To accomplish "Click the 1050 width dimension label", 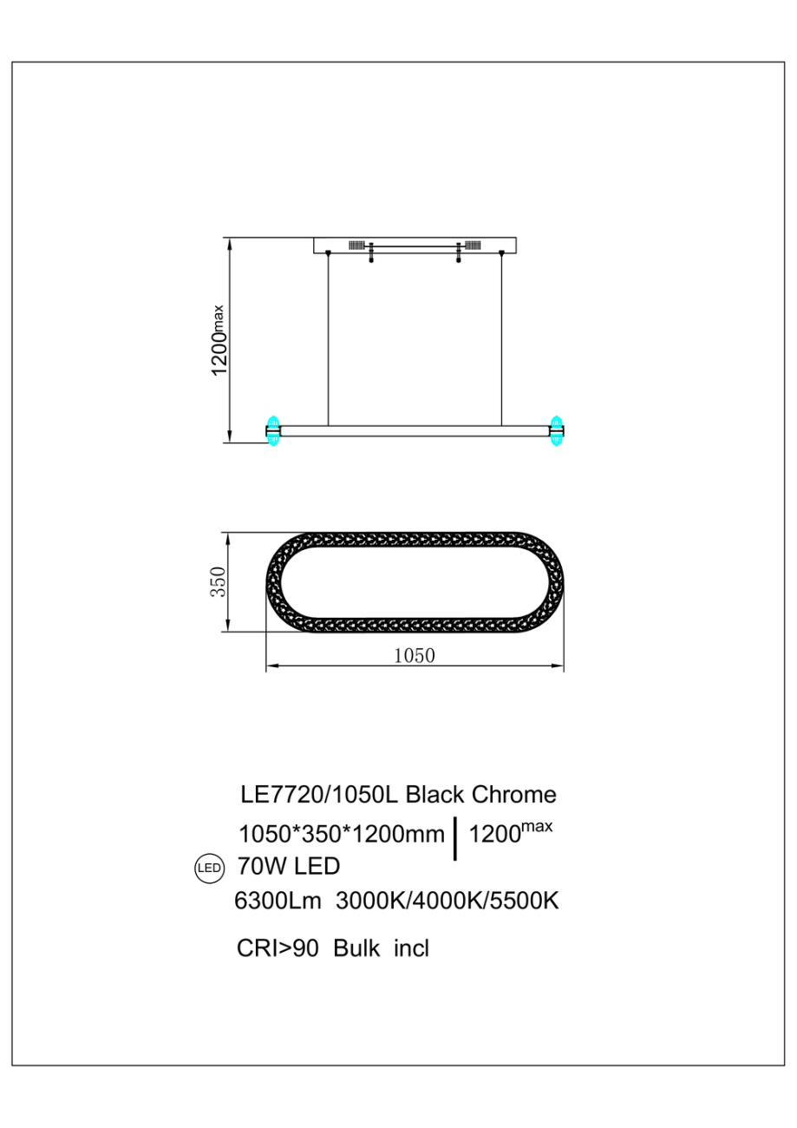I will (x=414, y=655).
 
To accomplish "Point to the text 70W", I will (x=261, y=866).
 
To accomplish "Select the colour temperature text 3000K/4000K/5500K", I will (x=447, y=902).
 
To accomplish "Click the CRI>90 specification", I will (x=276, y=948).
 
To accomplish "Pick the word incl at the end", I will (x=411, y=948).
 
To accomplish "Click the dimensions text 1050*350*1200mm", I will (x=341, y=835).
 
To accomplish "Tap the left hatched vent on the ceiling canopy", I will (x=356, y=246).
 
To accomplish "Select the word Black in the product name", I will (x=434, y=794).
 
